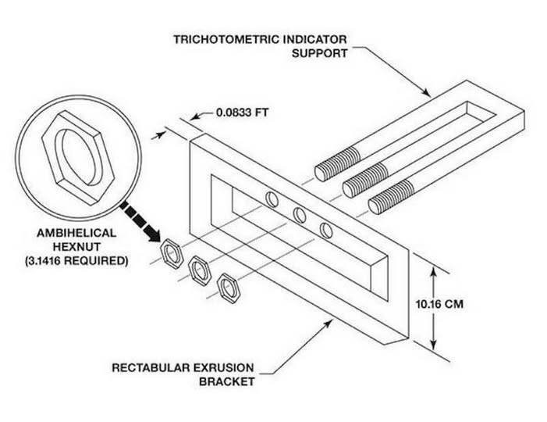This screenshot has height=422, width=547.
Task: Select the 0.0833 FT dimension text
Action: (x=241, y=113)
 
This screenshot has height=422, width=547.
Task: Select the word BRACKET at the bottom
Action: (x=227, y=381)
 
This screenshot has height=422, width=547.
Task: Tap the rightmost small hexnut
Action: (x=229, y=287)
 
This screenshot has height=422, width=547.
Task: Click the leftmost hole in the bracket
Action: (x=271, y=198)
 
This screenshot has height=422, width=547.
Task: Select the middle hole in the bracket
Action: (x=299, y=213)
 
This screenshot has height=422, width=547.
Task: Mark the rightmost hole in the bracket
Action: (x=327, y=229)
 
